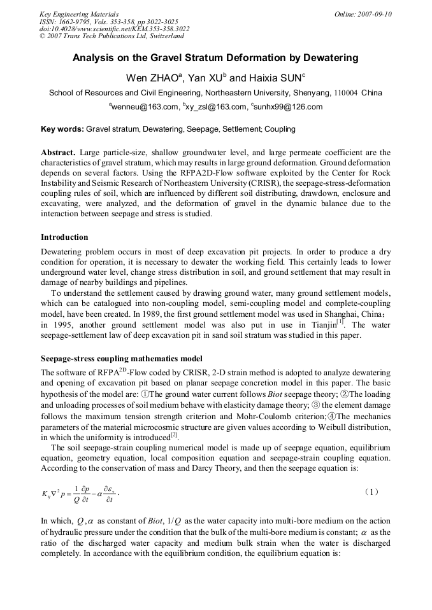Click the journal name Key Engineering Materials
(x=79, y=14)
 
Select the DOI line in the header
(x=114, y=29)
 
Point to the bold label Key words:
(x=62, y=129)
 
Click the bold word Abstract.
(x=59, y=153)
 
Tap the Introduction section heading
(x=64, y=237)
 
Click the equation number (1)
(x=373, y=492)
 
